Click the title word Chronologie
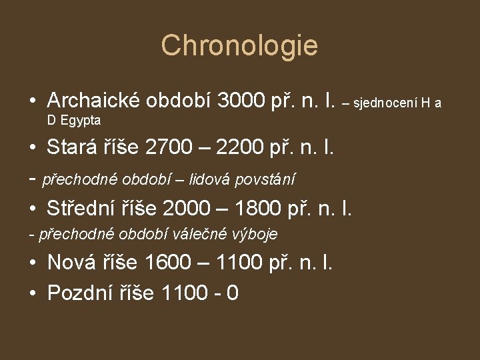pyautogui.click(x=239, y=45)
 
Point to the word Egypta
pyautogui.click(x=80, y=121)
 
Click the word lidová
pyautogui.click(x=213, y=179)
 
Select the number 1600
pyautogui.click(x=170, y=263)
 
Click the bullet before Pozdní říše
pyautogui.click(x=32, y=293)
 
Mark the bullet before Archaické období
pyautogui.click(x=32, y=101)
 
